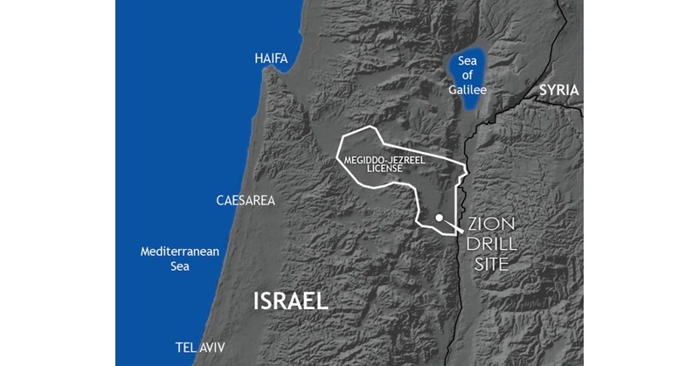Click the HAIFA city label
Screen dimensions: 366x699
[271, 58]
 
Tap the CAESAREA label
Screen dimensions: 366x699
[246, 200]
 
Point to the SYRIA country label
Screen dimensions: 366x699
[559, 90]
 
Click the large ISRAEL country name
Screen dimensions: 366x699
[291, 300]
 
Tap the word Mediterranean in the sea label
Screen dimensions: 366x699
[180, 252]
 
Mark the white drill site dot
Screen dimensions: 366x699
[439, 218]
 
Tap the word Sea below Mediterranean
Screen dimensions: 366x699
[179, 266]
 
